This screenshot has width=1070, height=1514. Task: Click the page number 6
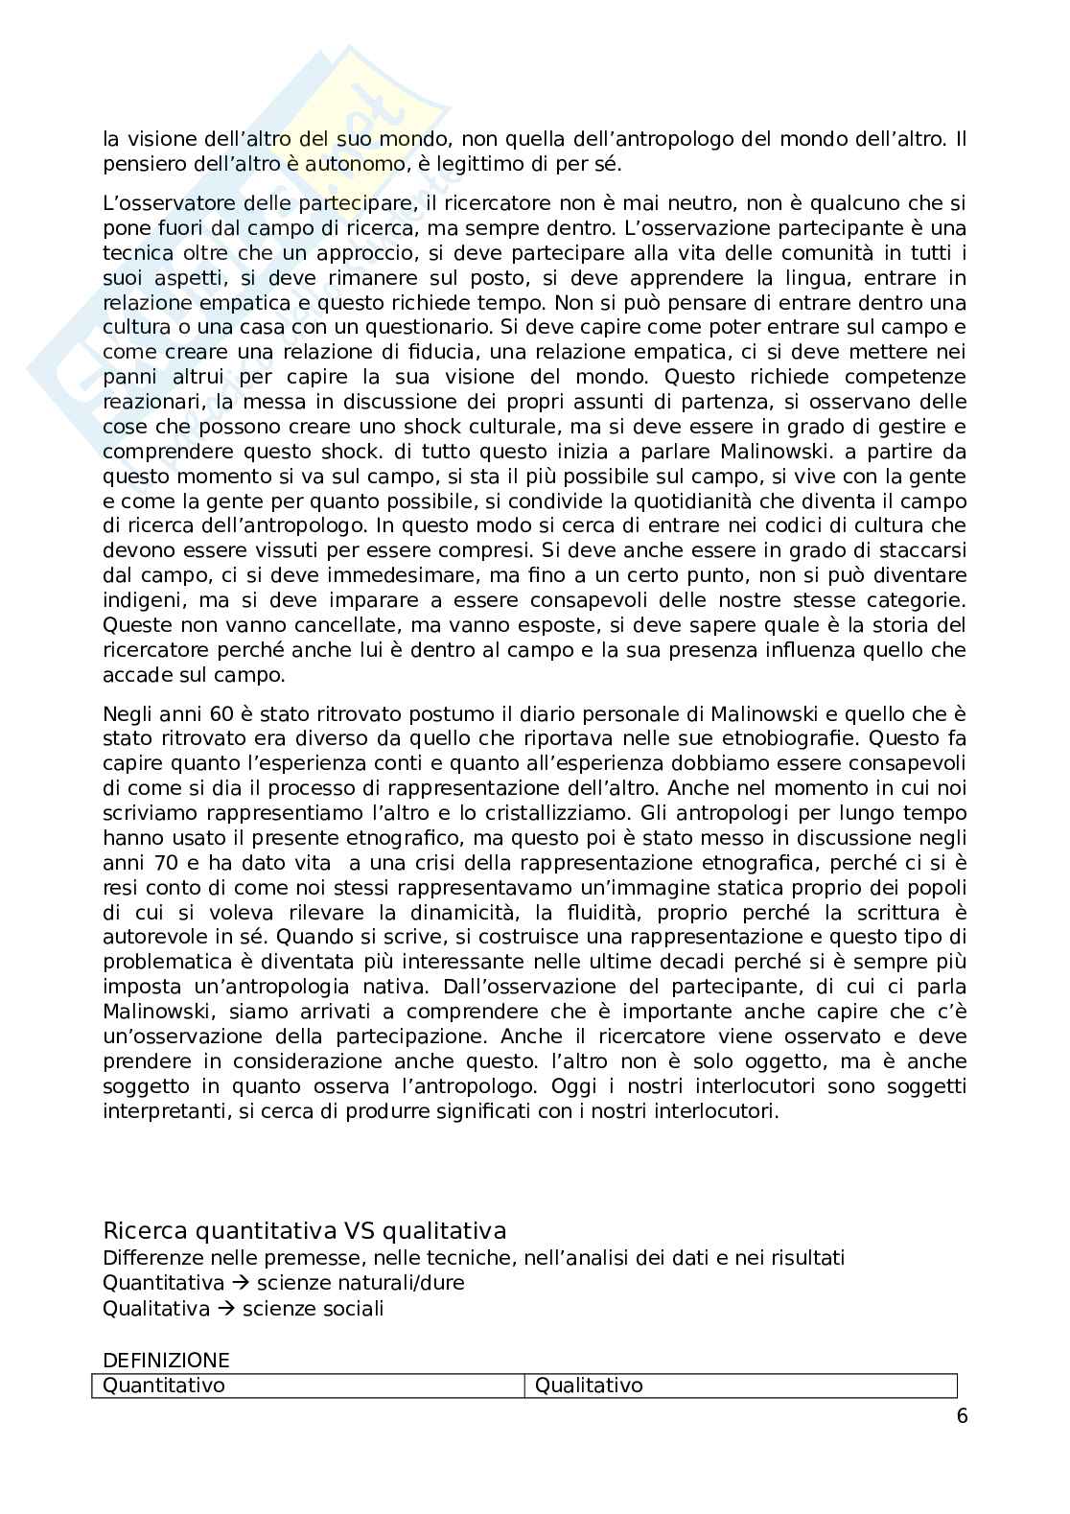tap(962, 1417)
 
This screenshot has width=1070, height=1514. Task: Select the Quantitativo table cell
tap(308, 1386)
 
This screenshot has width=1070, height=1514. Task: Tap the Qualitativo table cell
tap(740, 1386)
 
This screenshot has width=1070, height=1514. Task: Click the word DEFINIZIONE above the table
tap(166, 1360)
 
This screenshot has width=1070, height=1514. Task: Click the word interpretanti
tap(169, 1112)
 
